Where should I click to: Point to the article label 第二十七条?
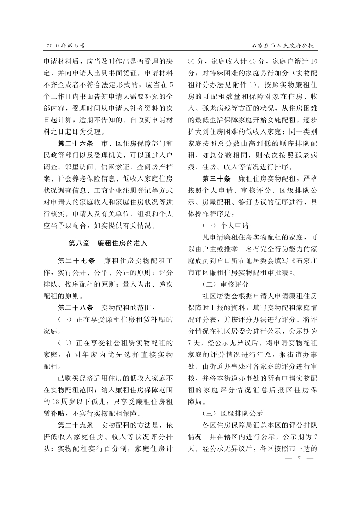point(77,261)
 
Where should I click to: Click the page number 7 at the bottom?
point(299,459)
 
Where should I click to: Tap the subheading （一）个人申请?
point(225,226)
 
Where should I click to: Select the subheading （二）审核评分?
point(225,284)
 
